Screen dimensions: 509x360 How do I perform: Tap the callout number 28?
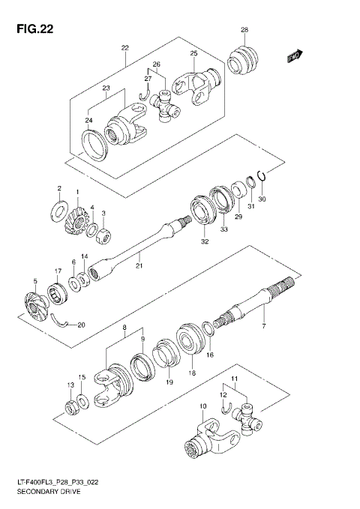pyautogui.click(x=244, y=30)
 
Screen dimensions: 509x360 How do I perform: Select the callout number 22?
pyautogui.click(x=125, y=47)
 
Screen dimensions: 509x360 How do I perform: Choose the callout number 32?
pyautogui.click(x=204, y=241)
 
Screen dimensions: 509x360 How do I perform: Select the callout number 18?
pyautogui.click(x=193, y=373)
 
